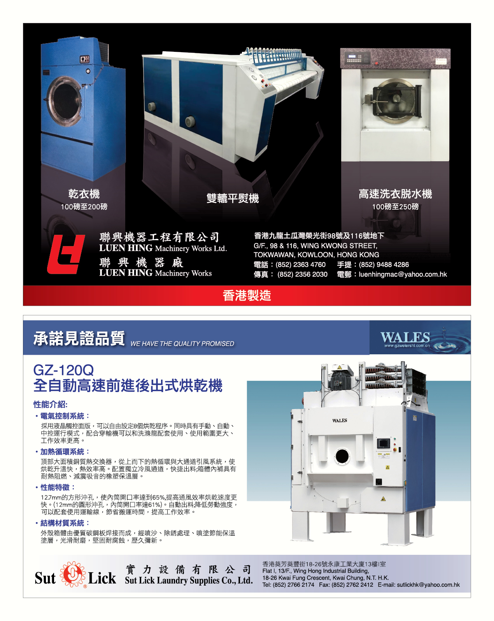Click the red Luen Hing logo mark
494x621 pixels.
click(x=66, y=254)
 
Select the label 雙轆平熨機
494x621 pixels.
click(x=233, y=198)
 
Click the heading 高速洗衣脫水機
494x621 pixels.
click(x=395, y=194)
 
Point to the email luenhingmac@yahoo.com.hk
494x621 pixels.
click(x=403, y=274)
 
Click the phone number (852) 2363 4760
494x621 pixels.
click(x=301, y=265)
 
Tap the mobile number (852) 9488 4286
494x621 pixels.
click(x=384, y=265)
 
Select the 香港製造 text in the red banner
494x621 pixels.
click(x=247, y=296)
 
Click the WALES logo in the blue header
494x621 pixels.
click(x=405, y=337)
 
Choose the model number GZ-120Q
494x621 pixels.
click(x=64, y=370)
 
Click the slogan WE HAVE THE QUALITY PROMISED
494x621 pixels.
click(x=182, y=344)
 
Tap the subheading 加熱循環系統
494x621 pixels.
click(x=62, y=452)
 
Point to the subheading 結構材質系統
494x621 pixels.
click(x=62, y=523)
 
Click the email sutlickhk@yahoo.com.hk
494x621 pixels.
click(x=428, y=585)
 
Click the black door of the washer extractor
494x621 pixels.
click(x=396, y=99)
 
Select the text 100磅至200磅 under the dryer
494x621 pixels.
click(x=84, y=207)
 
